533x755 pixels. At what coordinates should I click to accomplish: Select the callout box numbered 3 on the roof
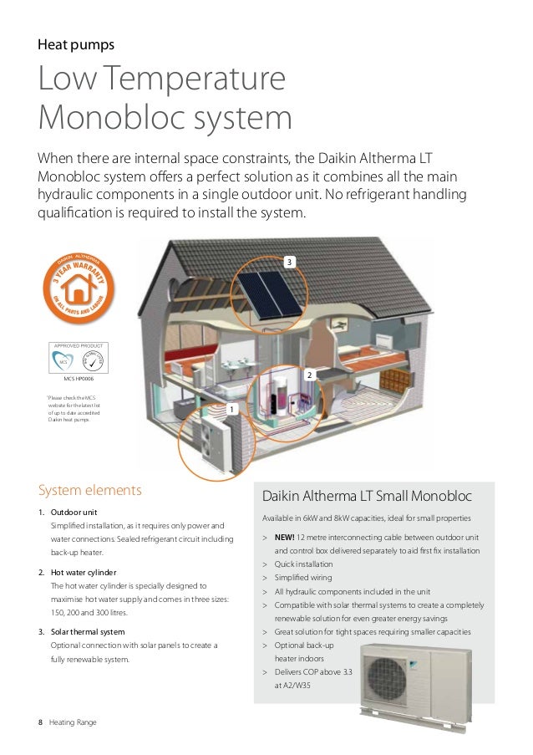coord(289,263)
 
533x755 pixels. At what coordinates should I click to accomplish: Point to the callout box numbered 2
coord(308,377)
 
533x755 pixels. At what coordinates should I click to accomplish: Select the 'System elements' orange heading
coord(90,490)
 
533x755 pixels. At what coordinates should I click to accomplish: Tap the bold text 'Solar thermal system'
coord(91,631)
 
